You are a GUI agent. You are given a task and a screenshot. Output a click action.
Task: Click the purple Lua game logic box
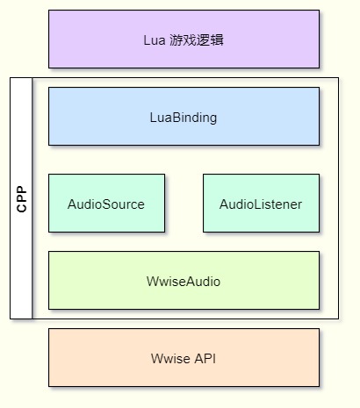coord(184,39)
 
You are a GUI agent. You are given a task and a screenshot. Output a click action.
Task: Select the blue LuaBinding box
coord(184,116)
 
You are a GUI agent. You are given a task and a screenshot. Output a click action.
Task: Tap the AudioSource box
coord(106,204)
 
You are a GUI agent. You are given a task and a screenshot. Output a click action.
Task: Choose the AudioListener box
coord(261,204)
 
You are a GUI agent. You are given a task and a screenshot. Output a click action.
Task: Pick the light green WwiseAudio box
coord(184,280)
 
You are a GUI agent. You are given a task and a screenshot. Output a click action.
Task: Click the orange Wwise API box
coord(184,357)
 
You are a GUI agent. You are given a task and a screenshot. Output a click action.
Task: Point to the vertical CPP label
coord(22,199)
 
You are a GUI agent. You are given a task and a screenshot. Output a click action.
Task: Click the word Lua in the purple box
coord(155,40)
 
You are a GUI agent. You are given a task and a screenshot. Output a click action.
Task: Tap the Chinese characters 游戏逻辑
coord(197,40)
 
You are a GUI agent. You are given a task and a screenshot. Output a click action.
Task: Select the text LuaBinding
coord(184,118)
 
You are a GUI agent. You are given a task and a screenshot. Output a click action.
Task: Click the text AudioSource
coord(106,204)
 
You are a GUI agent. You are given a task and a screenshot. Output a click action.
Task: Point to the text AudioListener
coord(261,204)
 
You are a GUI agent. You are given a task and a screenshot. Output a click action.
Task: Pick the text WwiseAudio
coord(184,282)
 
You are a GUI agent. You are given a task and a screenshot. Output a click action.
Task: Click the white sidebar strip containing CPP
coord(21,198)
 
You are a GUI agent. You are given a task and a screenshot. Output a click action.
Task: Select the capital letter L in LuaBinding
coord(154,118)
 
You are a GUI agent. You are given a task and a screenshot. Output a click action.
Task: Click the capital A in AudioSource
coord(72,204)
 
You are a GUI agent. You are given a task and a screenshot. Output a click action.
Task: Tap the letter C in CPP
coord(22,208)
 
